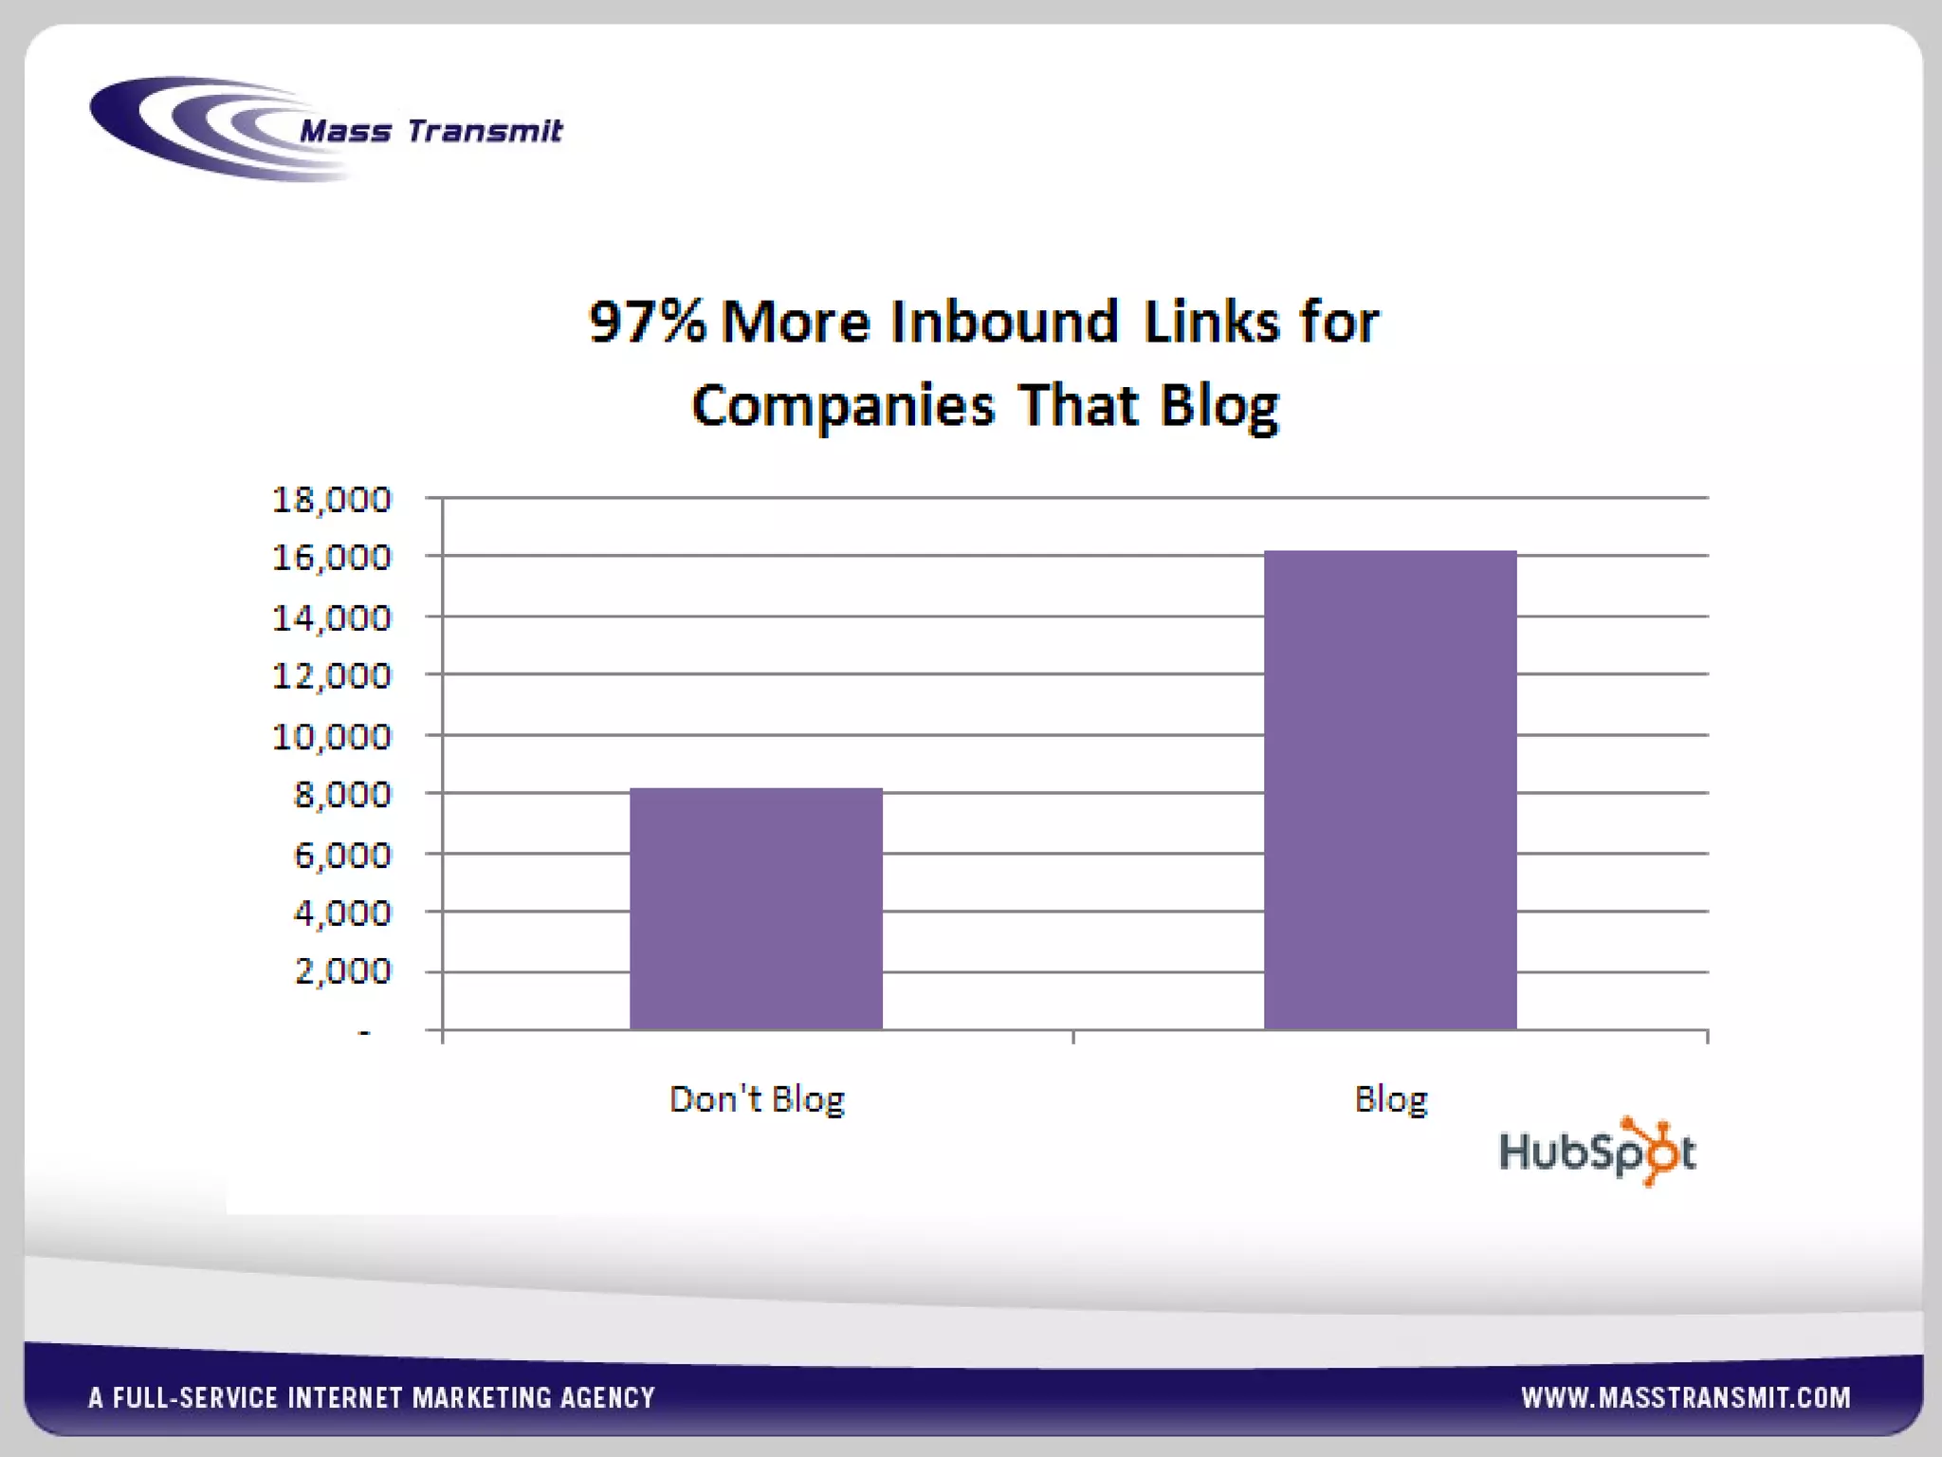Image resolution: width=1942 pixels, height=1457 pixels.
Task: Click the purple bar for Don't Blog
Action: [756, 908]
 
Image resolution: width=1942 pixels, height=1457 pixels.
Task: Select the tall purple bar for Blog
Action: [1390, 789]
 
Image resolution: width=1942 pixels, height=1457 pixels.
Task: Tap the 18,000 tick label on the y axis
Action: [332, 499]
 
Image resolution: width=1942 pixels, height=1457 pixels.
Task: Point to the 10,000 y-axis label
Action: [332, 736]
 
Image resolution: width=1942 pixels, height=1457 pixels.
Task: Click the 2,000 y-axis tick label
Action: [343, 970]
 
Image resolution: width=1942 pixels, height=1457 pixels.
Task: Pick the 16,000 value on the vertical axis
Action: [332, 557]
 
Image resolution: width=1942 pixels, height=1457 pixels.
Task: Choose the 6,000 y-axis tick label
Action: [343, 855]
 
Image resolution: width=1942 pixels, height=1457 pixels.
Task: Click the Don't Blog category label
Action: [757, 1099]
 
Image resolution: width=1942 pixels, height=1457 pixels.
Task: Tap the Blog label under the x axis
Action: [1390, 1099]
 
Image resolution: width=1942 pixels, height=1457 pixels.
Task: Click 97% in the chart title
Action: [648, 322]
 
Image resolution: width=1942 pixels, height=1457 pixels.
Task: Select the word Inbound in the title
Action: [1004, 322]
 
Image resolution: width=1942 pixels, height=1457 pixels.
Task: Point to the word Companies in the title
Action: [843, 406]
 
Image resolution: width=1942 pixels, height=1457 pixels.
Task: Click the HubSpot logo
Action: [1598, 1152]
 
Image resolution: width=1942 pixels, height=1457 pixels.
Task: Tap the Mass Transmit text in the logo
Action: [431, 130]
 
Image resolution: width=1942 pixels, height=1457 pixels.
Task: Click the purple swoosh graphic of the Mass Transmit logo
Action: [190, 128]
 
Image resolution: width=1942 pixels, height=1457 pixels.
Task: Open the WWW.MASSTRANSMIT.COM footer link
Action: [1685, 1397]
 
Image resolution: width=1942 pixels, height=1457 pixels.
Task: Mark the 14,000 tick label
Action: [332, 618]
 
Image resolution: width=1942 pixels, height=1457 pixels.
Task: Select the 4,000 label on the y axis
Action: [343, 913]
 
